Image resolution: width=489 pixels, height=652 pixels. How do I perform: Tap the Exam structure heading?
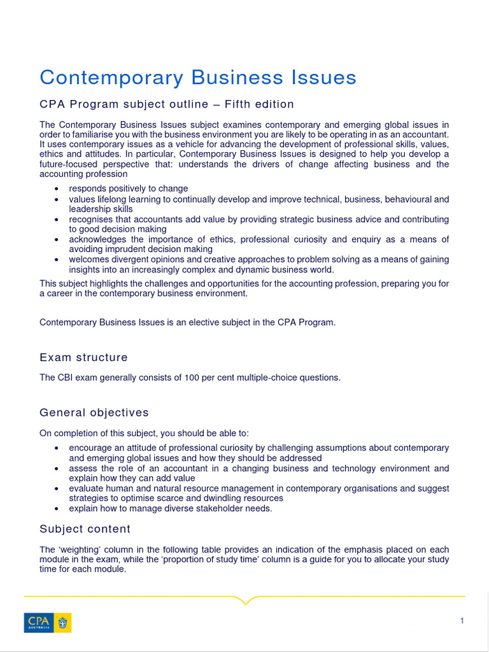83,357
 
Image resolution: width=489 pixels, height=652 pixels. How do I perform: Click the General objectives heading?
94,413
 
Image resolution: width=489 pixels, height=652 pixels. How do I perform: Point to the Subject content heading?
85,529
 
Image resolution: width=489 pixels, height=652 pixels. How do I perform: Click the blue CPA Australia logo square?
39,623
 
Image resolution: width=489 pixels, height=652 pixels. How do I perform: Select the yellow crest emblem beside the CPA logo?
63,623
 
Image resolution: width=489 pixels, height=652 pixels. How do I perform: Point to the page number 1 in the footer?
462,621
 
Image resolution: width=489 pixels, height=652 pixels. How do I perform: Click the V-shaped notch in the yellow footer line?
244,600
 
